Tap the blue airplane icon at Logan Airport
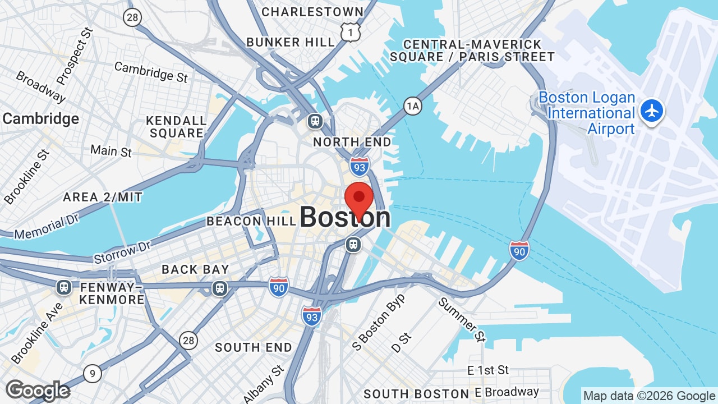[x=652, y=110]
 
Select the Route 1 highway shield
[x=351, y=33]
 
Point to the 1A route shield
[x=413, y=105]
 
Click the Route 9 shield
[x=93, y=373]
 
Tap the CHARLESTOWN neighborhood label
[x=312, y=12]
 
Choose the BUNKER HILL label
[x=291, y=42]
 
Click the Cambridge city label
[x=41, y=119]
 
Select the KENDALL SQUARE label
[x=176, y=127]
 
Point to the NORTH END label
[x=352, y=142]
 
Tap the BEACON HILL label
[x=250, y=221]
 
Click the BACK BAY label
[x=195, y=269]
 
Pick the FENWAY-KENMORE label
[x=112, y=293]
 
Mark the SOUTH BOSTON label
[x=416, y=394]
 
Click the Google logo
[x=38, y=391]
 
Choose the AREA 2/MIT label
[x=103, y=197]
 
